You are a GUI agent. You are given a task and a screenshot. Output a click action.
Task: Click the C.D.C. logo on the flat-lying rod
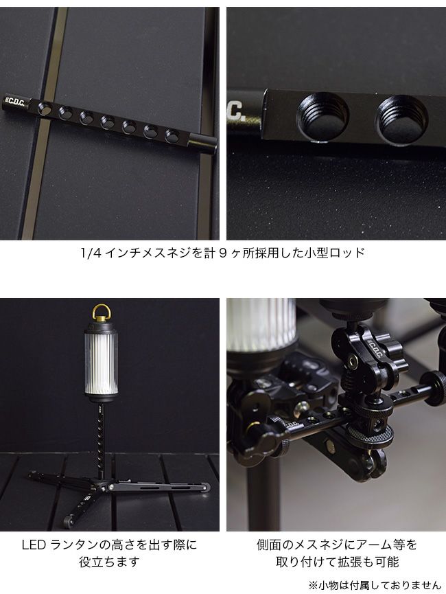tap(16, 102)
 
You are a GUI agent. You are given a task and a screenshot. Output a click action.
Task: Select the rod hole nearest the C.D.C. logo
tap(45, 108)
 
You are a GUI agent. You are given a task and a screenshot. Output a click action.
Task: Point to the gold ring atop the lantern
tap(102, 312)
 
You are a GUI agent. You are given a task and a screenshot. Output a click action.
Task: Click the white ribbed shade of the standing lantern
tap(100, 363)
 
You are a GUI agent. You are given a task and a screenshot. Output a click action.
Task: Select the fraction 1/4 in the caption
tap(91, 253)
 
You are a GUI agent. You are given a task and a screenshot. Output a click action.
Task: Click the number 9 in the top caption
tap(222, 253)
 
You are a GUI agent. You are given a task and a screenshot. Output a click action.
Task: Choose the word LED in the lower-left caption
tap(34, 545)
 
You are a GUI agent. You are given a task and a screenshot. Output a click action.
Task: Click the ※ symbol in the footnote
tap(313, 585)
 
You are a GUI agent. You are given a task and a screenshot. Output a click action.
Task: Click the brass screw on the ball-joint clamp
tap(353, 361)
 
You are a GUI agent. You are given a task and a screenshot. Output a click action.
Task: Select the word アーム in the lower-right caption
tap(372, 545)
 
